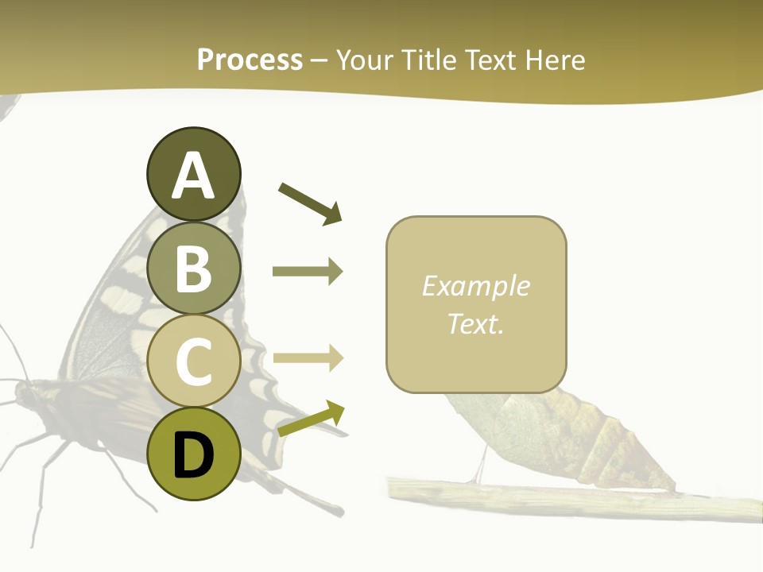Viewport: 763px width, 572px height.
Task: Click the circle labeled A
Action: (x=193, y=174)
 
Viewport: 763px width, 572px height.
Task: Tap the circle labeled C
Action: (x=193, y=361)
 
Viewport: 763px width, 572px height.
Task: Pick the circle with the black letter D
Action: (x=193, y=454)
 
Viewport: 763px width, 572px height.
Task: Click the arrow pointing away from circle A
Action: (x=310, y=203)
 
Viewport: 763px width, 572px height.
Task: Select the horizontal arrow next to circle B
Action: (x=308, y=272)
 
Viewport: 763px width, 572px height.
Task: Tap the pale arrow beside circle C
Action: (x=308, y=358)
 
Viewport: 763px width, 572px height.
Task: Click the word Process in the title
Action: (x=250, y=60)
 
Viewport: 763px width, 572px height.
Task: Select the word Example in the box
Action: (x=475, y=286)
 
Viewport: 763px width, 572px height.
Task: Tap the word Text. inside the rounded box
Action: (x=475, y=323)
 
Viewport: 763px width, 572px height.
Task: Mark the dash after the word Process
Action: (x=320, y=61)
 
